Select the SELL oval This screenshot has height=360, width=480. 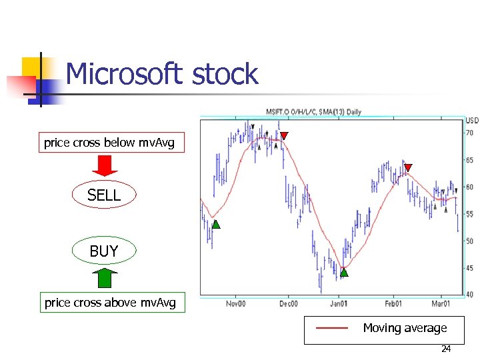(x=104, y=195)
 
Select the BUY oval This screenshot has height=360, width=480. (x=104, y=251)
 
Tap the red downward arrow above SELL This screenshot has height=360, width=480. (x=104, y=165)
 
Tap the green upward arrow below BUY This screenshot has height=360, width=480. (x=104, y=279)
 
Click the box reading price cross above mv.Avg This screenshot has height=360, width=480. (x=110, y=303)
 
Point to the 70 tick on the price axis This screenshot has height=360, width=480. (x=470, y=133)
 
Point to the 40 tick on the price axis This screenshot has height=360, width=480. (x=470, y=295)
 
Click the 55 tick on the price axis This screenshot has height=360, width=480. (x=470, y=214)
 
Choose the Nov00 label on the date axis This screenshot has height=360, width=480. (x=235, y=303)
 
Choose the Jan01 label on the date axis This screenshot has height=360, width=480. (x=339, y=303)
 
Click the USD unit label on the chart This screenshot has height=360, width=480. (x=472, y=121)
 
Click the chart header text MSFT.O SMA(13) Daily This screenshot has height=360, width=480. (x=313, y=112)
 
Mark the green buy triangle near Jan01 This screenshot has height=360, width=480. (x=344, y=272)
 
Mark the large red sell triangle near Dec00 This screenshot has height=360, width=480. (x=284, y=136)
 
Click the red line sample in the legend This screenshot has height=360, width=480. (x=332, y=328)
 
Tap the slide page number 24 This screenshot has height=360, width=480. (x=446, y=349)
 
